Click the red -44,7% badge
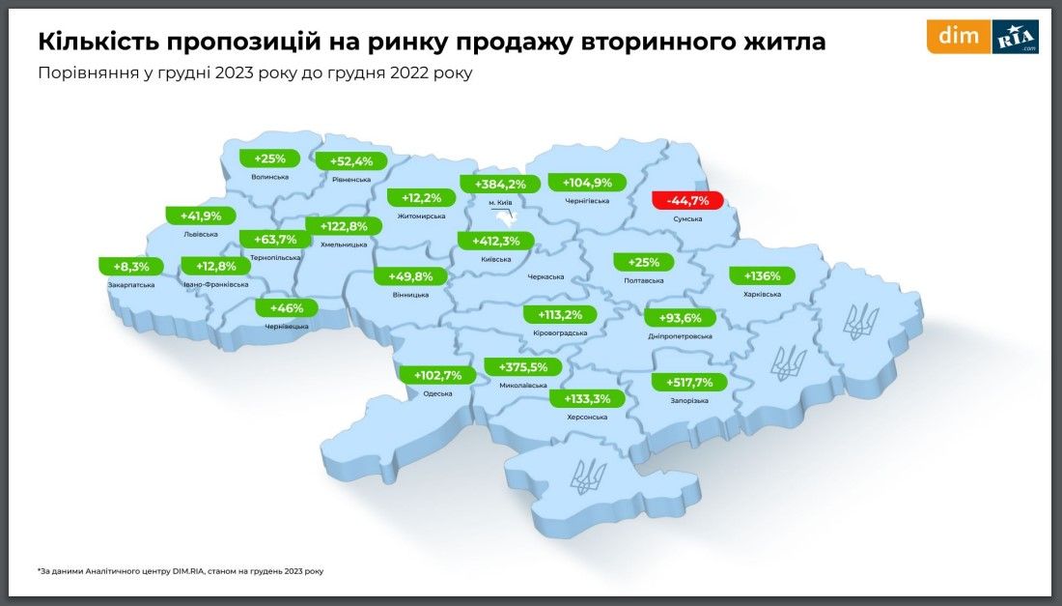687,201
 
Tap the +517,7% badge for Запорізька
688,382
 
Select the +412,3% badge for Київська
495,241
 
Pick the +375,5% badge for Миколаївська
522,366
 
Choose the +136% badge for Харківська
761,274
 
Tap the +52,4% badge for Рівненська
351,161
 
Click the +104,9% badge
586,183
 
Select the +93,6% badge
680,318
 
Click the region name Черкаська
545,276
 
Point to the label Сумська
687,219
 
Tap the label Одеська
438,393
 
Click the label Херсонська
586,417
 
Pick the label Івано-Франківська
215,284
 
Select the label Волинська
269,177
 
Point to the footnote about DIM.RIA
181,571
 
